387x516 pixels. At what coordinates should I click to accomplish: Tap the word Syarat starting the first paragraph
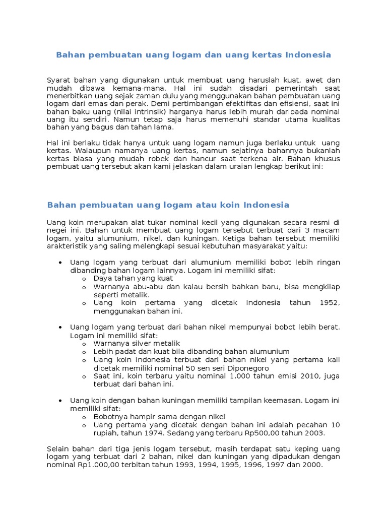[58, 81]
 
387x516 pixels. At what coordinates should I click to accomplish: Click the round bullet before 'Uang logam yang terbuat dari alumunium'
[60, 263]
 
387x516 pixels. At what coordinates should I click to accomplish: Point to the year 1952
[330, 303]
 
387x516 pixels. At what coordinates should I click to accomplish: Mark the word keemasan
[278, 400]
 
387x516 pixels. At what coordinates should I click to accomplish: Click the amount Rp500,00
[266, 433]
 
